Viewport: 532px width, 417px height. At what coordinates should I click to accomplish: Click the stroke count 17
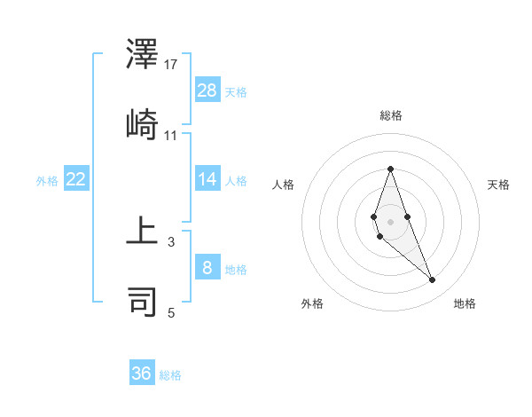(171, 64)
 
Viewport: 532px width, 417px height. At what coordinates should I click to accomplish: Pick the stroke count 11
(171, 135)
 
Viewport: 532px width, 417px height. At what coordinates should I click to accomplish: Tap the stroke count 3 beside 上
(171, 240)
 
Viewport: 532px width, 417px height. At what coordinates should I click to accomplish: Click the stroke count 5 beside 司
(171, 311)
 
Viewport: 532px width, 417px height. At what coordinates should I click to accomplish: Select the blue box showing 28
(207, 90)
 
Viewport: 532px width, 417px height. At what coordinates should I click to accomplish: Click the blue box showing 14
(207, 179)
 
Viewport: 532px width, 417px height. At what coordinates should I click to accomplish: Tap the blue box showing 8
(207, 267)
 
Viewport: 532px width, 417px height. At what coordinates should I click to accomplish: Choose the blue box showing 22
(76, 179)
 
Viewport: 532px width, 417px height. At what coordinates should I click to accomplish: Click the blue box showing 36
(142, 374)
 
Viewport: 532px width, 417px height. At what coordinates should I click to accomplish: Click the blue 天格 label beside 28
(236, 91)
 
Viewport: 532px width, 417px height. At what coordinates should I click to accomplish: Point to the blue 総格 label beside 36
(170, 375)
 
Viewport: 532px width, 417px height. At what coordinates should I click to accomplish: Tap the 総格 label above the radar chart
(390, 115)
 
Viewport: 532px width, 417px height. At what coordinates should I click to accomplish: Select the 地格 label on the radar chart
(465, 303)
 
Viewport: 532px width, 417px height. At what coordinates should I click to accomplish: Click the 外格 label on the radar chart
(312, 303)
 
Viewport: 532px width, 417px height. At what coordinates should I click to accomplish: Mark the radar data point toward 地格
(433, 280)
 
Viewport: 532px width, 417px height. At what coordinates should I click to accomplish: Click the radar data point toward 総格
(390, 169)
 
